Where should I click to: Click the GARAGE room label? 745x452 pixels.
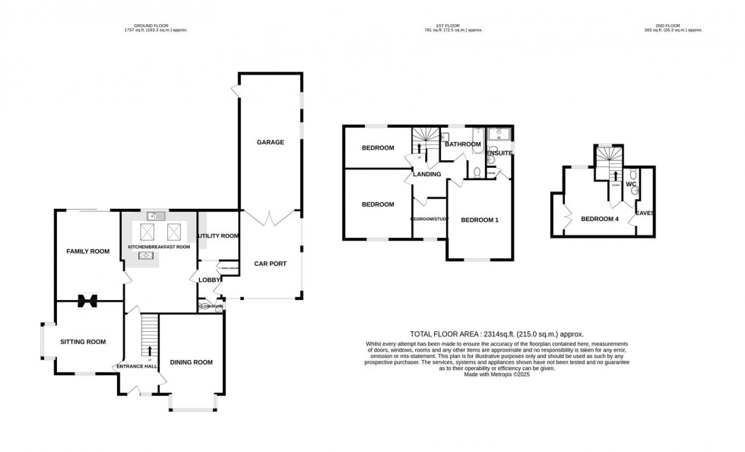click(270, 142)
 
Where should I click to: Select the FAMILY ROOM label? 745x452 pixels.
click(87, 251)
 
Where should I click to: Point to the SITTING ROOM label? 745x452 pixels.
click(83, 342)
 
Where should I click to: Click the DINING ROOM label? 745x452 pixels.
click(191, 362)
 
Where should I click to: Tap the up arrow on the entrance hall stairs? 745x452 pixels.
click(149, 350)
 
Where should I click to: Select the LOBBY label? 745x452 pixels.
click(209, 280)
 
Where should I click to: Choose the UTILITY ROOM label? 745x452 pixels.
click(218, 236)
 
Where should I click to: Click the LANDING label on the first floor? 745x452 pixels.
click(426, 174)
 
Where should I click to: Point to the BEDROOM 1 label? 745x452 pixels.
click(480, 220)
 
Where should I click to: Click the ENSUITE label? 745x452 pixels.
click(499, 153)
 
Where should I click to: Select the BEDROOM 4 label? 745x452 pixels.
click(600, 220)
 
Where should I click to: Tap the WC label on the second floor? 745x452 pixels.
click(631, 184)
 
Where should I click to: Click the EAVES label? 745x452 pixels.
click(645, 213)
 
